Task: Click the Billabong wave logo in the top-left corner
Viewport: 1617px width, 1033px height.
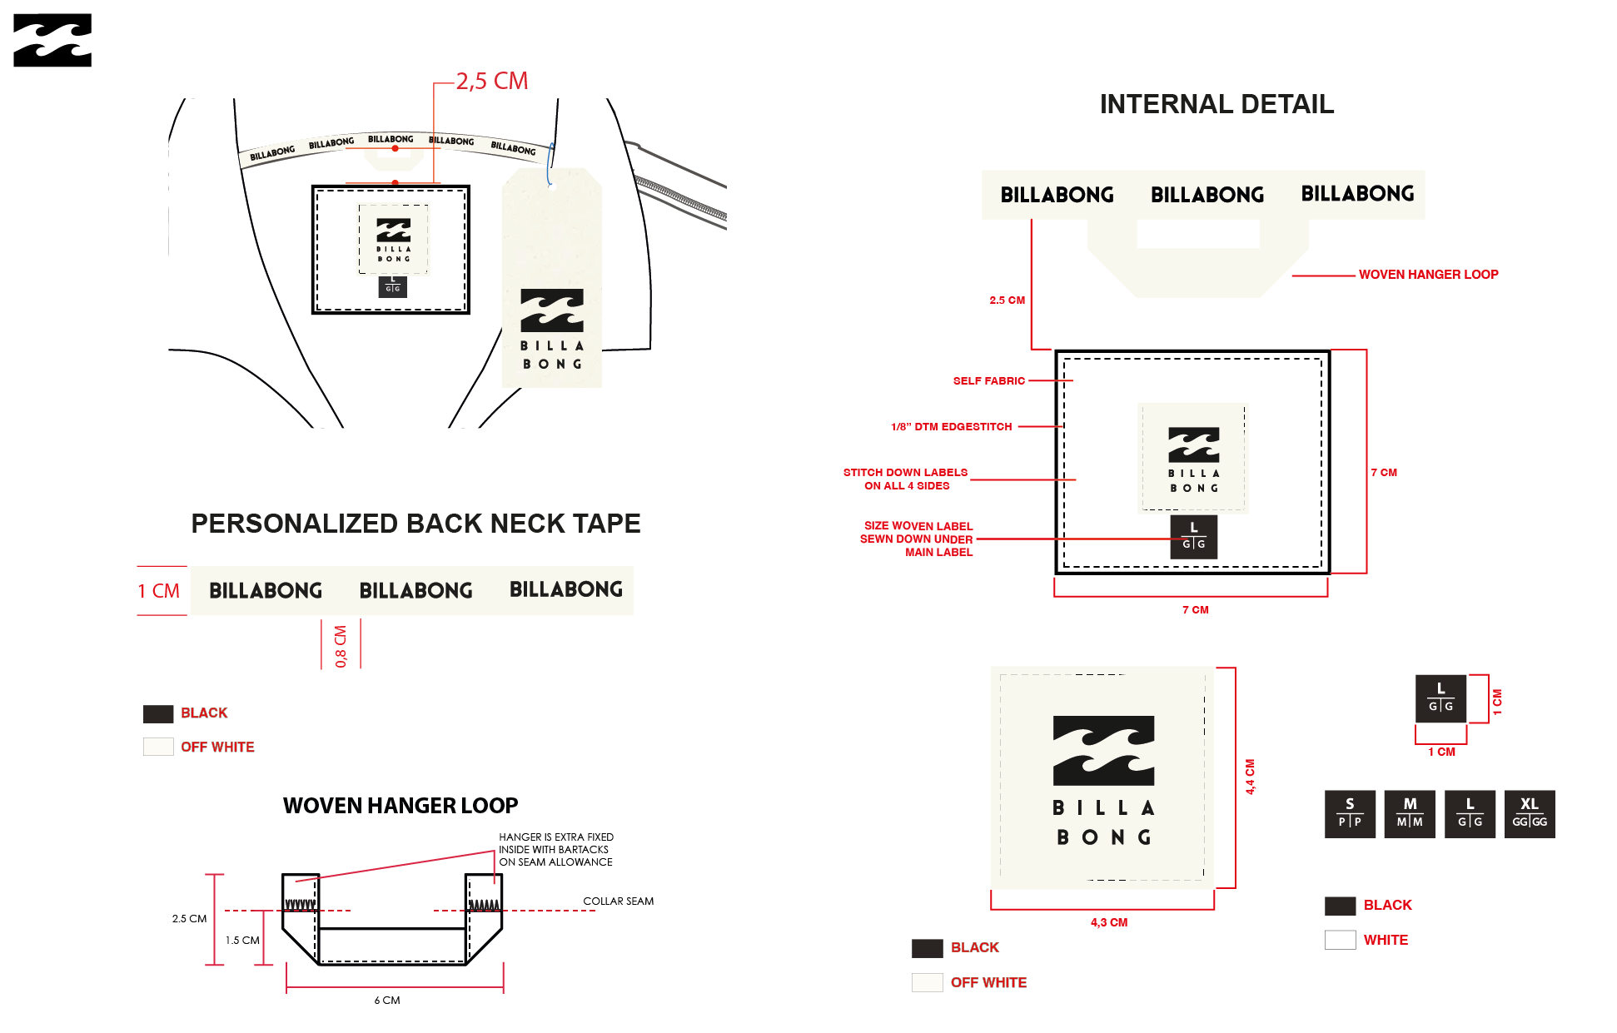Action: [x=52, y=40]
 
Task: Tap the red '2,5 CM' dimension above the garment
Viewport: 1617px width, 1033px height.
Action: [x=491, y=81]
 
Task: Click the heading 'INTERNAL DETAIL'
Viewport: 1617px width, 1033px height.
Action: [x=1216, y=104]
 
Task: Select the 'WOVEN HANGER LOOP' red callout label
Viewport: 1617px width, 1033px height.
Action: [x=1428, y=274]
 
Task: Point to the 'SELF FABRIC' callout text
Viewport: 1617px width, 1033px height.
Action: [x=988, y=380]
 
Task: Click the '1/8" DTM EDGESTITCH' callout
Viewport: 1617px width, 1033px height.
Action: [x=951, y=426]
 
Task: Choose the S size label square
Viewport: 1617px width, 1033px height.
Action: [x=1350, y=813]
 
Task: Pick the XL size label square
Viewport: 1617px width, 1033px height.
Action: [x=1530, y=813]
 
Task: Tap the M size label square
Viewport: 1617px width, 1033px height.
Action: [x=1410, y=813]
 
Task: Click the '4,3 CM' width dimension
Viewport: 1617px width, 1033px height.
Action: [x=1108, y=922]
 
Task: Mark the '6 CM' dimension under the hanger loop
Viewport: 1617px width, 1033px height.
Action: [x=387, y=1000]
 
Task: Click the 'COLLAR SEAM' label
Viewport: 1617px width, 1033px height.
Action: [x=618, y=901]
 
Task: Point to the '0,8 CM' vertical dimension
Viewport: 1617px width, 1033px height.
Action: [x=341, y=646]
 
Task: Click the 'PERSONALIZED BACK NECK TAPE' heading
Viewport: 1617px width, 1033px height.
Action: [x=415, y=523]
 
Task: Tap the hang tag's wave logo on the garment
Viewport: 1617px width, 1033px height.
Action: [x=552, y=310]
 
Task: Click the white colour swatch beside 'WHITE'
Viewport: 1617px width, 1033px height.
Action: [x=1340, y=940]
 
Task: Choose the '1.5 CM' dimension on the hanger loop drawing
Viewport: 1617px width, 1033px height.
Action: [x=242, y=940]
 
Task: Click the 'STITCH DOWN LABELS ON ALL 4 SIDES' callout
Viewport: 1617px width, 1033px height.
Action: [x=905, y=479]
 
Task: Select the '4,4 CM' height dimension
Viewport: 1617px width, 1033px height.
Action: [x=1250, y=776]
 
